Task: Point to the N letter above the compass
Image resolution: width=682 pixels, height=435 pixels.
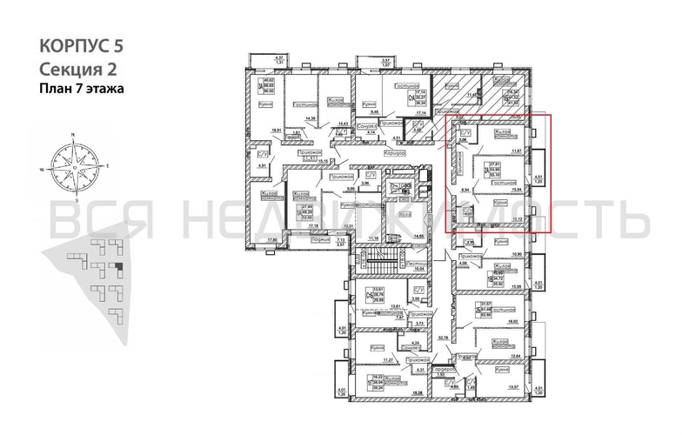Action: [x=74, y=135]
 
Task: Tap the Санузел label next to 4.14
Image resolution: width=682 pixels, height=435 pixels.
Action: [x=367, y=127]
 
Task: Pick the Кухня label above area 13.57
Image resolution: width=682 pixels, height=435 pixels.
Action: [x=501, y=370]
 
